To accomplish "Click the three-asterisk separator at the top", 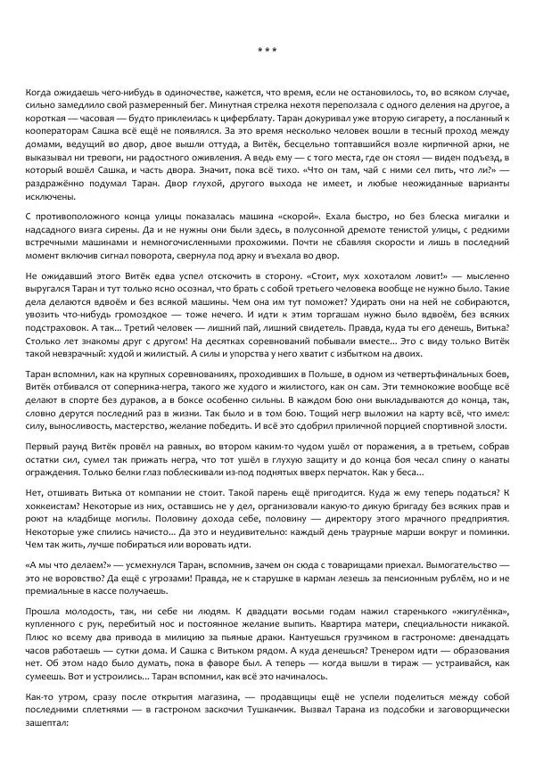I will tap(267, 49).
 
